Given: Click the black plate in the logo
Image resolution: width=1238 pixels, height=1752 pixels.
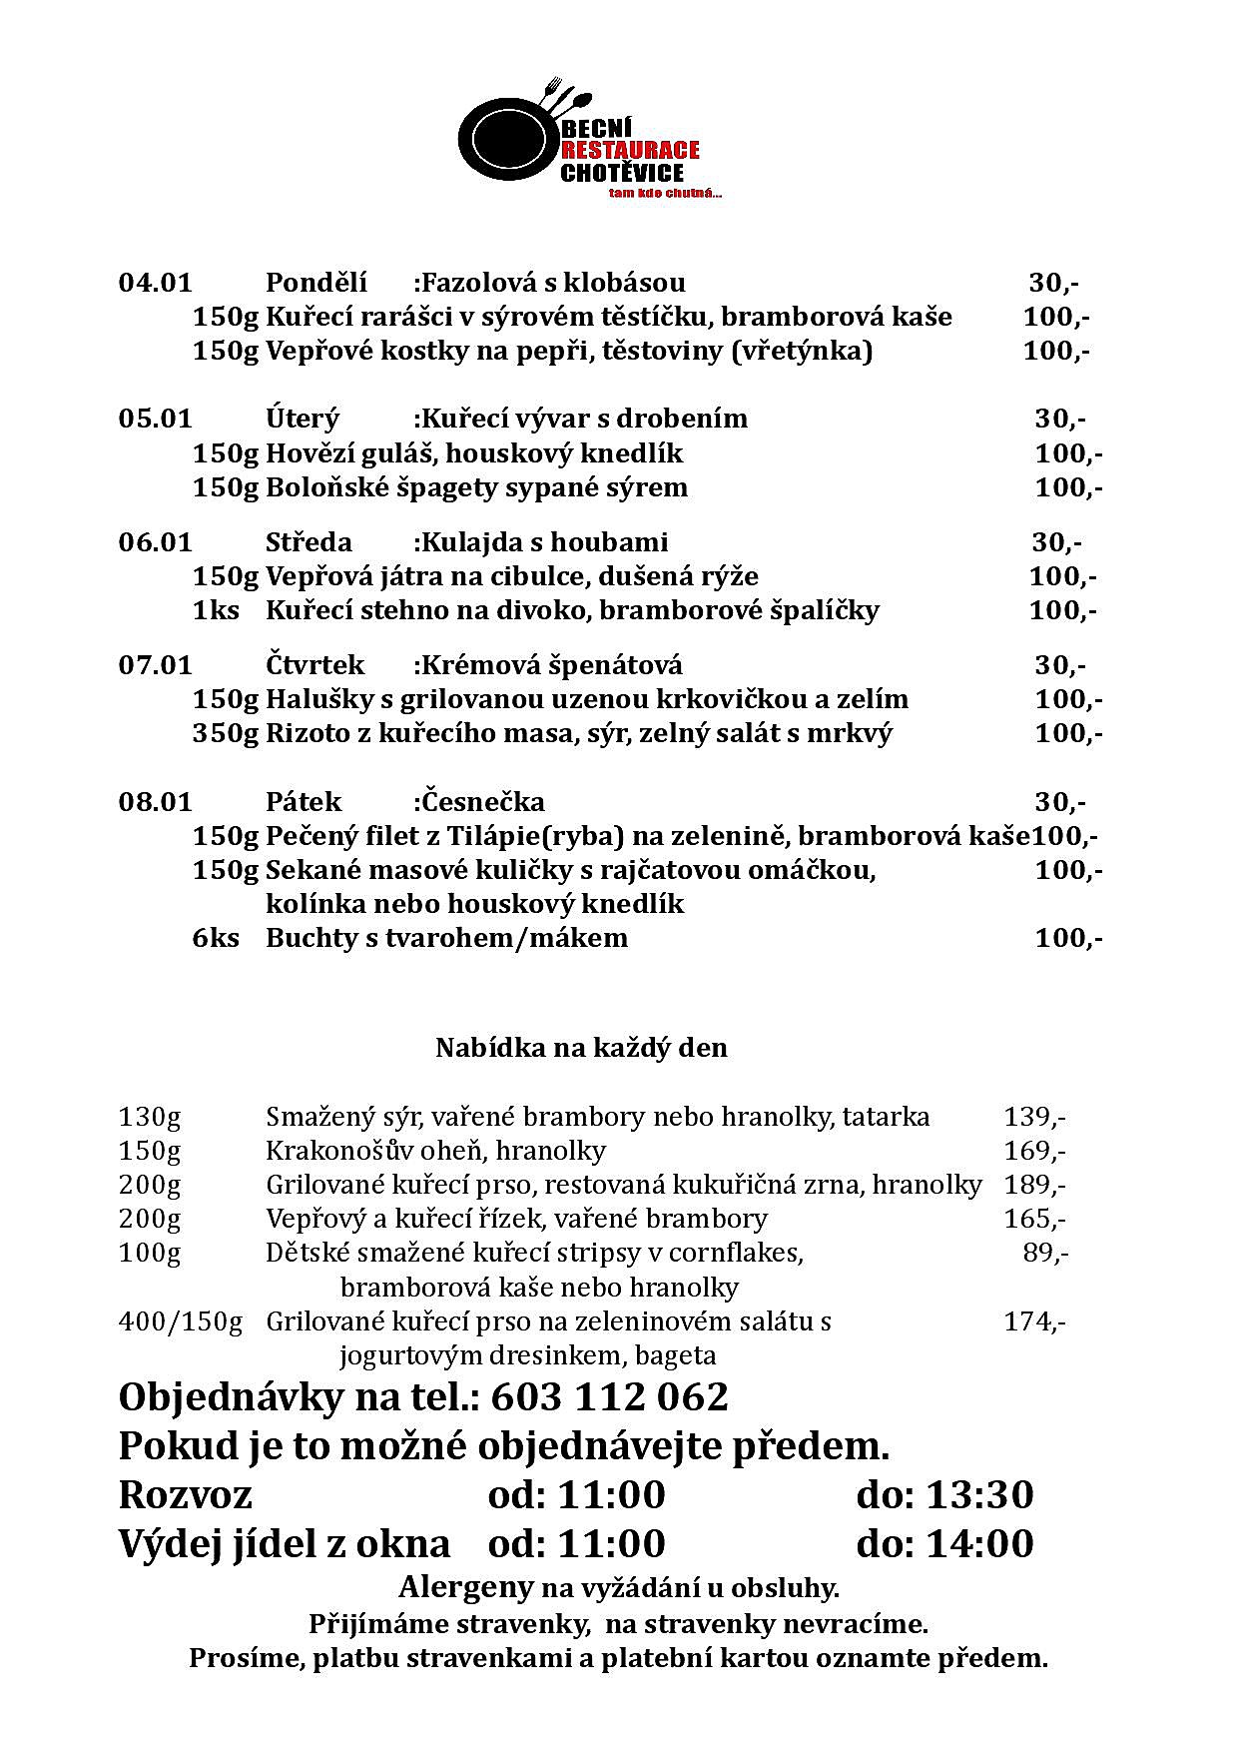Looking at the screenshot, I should [504, 137].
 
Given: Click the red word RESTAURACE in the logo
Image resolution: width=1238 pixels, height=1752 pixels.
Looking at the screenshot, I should [630, 151].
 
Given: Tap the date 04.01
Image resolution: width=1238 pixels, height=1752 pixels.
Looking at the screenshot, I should [155, 283].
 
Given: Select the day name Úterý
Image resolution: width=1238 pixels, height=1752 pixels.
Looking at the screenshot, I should [303, 419].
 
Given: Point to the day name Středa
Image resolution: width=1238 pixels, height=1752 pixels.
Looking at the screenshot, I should [309, 542].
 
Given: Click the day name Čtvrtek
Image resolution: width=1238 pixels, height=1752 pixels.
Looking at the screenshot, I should [314, 665].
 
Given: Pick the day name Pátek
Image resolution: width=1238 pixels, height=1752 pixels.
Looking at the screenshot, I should [304, 802].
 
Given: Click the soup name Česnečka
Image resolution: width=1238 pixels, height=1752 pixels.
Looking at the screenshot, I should [483, 802].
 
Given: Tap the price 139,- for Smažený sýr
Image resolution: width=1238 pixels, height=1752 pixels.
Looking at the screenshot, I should [1034, 1117].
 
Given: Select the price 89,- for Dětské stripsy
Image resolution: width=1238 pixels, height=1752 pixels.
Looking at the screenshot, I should [1045, 1253].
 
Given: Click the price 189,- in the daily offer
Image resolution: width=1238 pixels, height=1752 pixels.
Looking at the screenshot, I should [1034, 1185].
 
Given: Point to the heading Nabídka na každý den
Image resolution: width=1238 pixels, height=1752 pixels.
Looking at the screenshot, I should [581, 1048].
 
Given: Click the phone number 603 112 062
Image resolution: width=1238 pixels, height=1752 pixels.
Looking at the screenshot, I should [610, 1396].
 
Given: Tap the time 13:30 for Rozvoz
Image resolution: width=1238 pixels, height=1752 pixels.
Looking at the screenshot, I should [979, 1495].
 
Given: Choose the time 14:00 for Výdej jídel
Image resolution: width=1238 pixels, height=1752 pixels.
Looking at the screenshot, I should [979, 1543].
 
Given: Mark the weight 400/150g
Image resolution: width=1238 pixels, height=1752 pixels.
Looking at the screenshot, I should [181, 1321].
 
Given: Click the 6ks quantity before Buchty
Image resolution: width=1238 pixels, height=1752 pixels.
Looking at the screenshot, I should [216, 938].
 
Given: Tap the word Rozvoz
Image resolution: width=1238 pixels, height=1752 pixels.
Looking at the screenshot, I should [186, 1495].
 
